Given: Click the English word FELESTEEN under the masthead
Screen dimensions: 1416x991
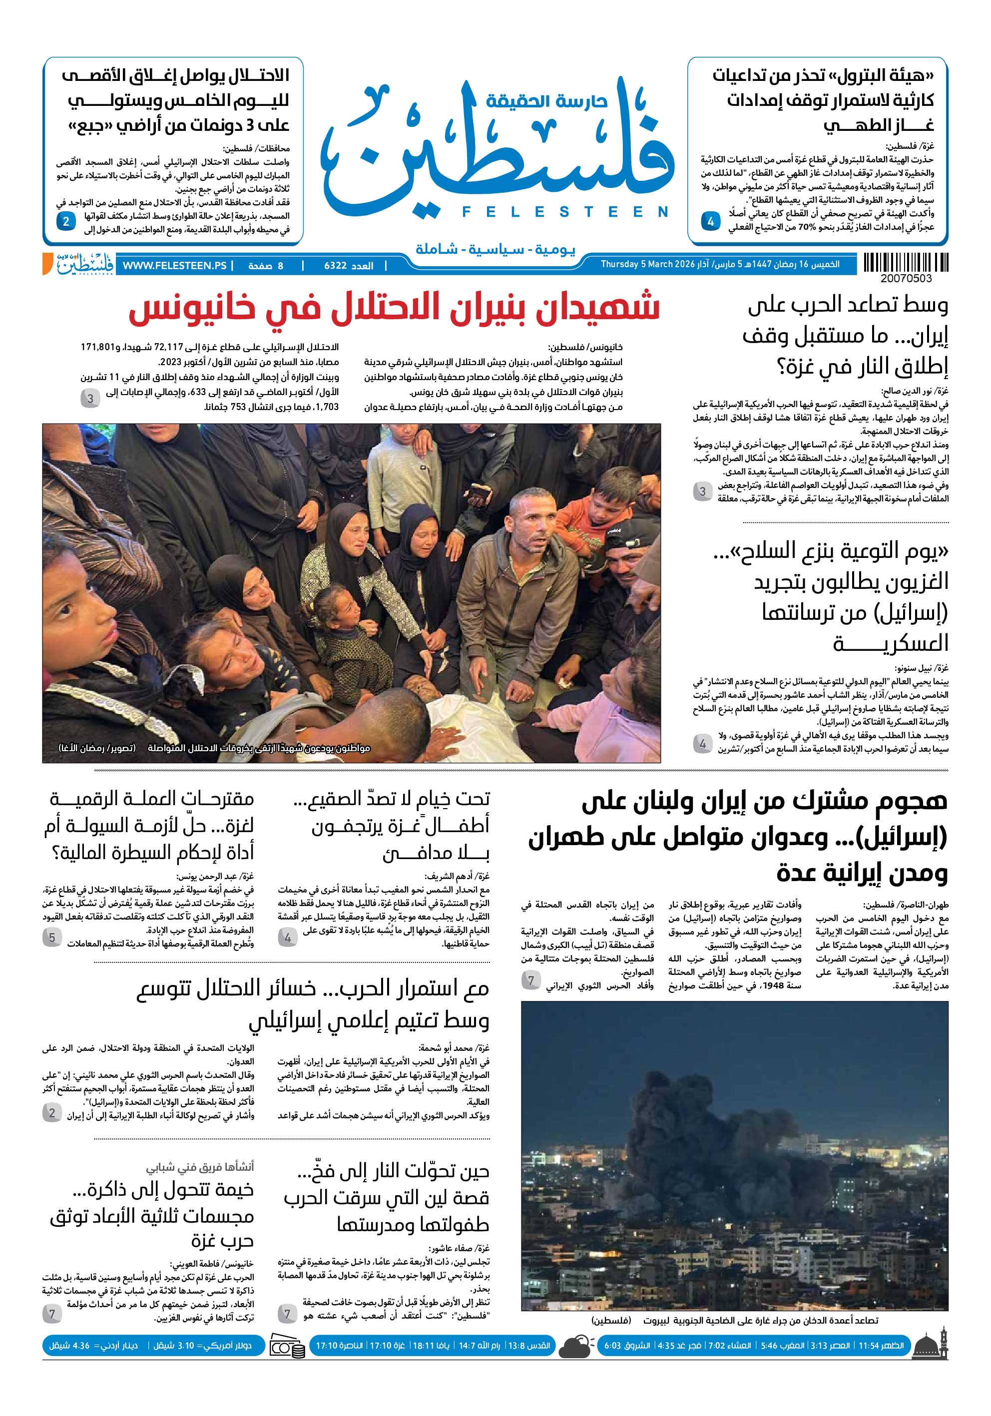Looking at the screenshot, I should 565,212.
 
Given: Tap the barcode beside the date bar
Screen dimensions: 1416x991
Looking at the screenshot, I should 905,263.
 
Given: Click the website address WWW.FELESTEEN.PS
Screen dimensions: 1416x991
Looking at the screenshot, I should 174,266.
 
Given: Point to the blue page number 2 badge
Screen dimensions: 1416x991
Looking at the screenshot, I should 66,221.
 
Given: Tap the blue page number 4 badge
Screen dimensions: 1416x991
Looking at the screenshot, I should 710,221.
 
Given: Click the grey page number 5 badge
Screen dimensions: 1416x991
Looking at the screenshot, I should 52,938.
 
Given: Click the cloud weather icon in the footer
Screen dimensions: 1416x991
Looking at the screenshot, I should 576,1346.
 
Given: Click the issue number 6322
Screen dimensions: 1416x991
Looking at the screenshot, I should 349,266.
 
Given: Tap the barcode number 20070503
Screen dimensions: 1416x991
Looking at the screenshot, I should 905,279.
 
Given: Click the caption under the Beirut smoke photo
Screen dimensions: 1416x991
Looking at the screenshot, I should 734,1321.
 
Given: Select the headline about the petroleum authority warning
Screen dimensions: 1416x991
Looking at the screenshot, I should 823,100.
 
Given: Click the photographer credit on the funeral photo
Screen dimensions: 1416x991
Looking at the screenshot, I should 97,748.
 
